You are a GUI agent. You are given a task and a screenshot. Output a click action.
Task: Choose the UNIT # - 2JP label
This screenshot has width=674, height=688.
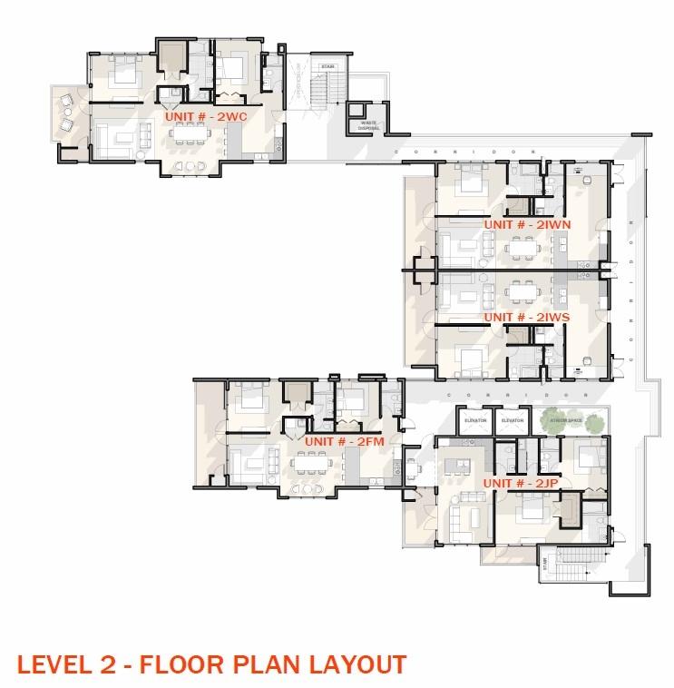[x=521, y=484]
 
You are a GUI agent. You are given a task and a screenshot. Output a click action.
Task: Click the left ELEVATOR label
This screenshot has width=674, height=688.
[x=476, y=421]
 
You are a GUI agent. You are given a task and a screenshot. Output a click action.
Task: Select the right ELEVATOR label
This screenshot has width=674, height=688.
[x=513, y=421]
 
